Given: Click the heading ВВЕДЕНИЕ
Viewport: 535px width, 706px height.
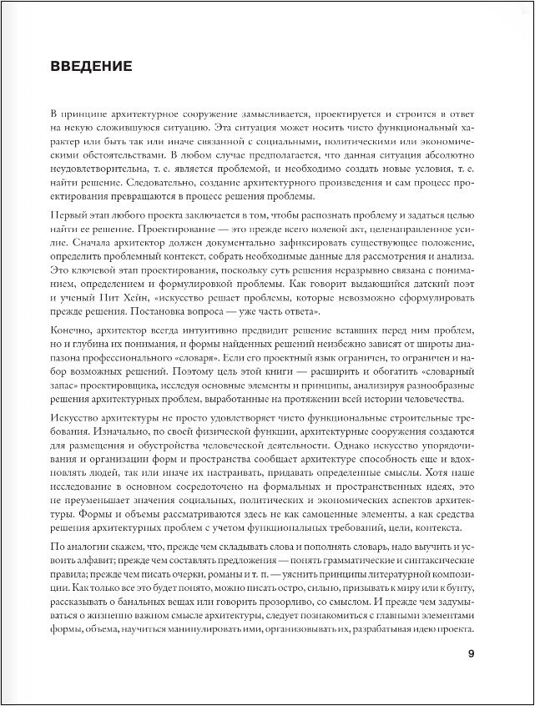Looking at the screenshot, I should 91,66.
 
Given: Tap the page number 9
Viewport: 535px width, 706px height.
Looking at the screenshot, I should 471,653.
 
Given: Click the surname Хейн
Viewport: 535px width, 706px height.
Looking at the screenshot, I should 152,298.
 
